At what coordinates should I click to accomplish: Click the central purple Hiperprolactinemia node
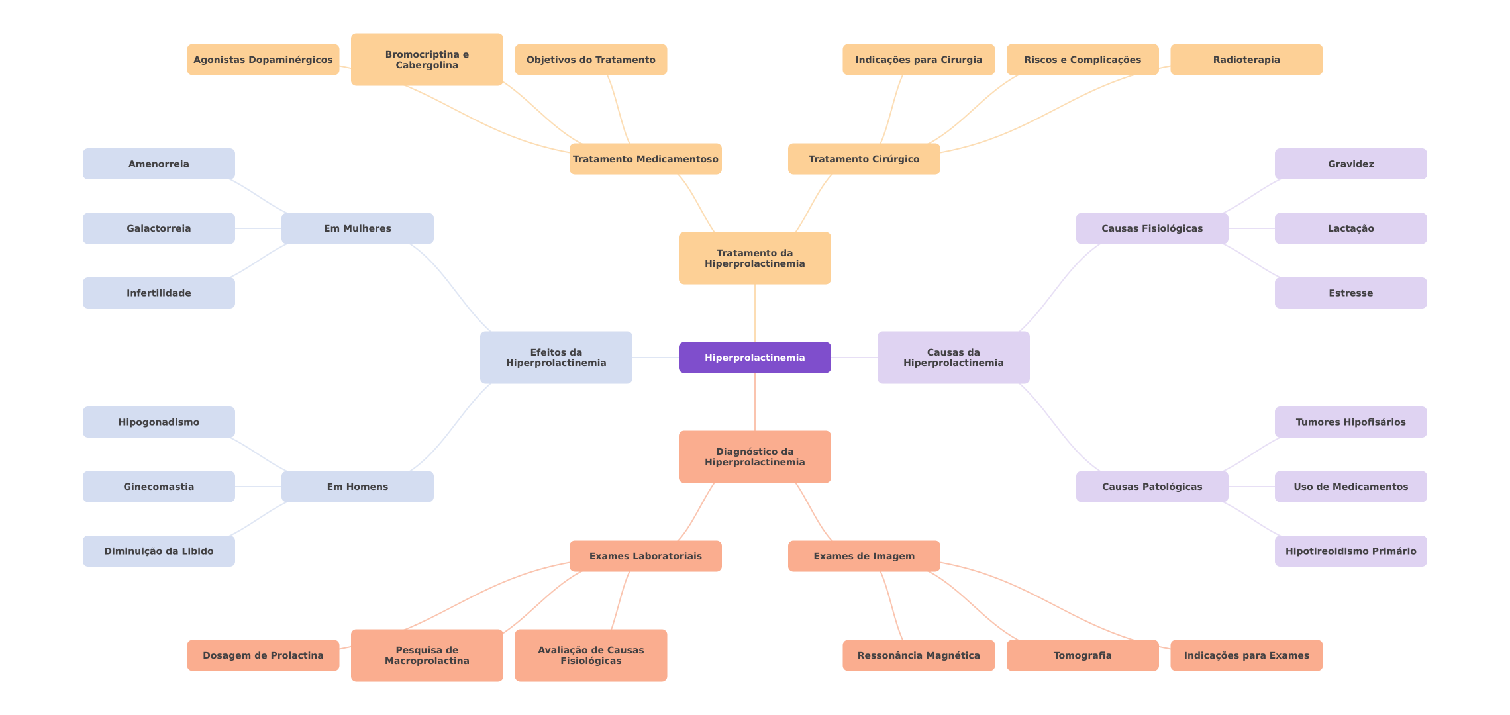754,358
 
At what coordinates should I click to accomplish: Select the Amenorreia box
158,164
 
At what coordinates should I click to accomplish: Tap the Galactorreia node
158,228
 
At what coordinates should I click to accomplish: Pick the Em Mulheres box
357,228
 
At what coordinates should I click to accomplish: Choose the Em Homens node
357,487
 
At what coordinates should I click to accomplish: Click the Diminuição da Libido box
158,551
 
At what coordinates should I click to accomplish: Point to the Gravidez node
1350,164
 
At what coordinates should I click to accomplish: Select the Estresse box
1350,293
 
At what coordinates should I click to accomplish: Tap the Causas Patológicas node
1152,487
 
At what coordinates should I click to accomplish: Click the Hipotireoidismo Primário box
1350,551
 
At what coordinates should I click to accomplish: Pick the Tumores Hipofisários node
1350,422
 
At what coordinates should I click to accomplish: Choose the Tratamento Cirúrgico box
864,159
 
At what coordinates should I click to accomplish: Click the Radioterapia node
1246,60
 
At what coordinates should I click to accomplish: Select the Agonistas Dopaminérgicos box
263,60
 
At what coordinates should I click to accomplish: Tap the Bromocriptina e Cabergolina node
427,60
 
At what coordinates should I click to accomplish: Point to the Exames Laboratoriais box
645,556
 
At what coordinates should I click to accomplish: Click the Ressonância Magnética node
918,655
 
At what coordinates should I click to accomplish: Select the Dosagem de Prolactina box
263,655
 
